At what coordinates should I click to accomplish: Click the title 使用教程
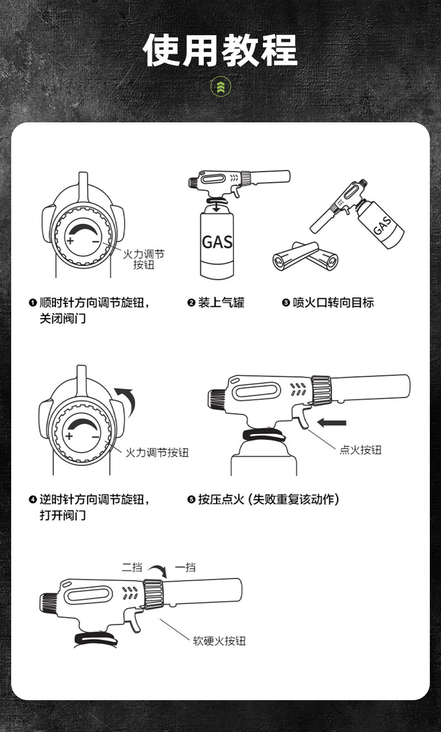(220, 50)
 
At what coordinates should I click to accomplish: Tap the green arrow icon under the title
(220, 87)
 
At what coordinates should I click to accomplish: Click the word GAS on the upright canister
(217, 242)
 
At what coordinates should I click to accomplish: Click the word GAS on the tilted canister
(382, 225)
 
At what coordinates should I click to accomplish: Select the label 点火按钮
(360, 450)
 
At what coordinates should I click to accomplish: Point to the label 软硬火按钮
(219, 641)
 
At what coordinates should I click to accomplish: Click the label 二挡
(132, 568)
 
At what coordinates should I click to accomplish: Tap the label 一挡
(185, 568)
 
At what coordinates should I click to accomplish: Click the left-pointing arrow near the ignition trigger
(332, 422)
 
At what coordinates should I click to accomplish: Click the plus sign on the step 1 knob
(70, 241)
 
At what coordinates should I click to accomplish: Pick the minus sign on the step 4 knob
(96, 436)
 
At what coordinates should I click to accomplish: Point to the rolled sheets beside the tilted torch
(304, 256)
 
